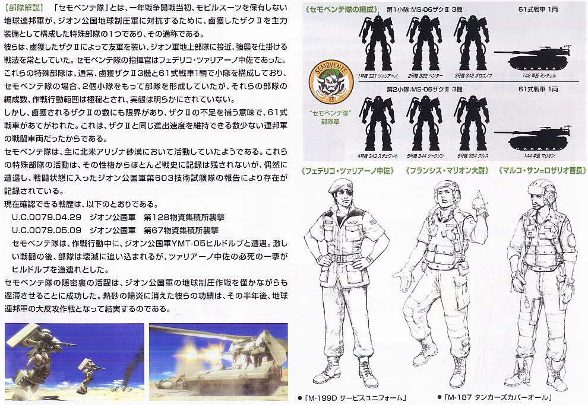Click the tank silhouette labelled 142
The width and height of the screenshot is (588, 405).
point(538,59)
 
